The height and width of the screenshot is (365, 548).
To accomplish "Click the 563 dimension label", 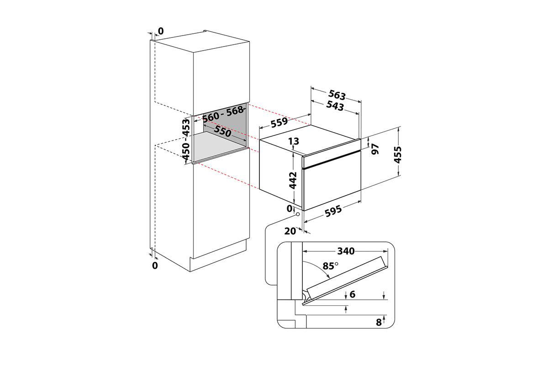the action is [337, 95].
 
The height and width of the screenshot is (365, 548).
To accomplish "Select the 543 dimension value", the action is [335, 106].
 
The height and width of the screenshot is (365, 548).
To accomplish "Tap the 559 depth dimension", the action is [279, 122].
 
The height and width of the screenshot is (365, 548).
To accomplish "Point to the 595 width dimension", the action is [333, 211].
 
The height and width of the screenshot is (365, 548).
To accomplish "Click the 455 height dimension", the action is [398, 155].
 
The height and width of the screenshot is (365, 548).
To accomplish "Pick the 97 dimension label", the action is [375, 149].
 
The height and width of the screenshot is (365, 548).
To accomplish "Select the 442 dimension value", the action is [293, 180].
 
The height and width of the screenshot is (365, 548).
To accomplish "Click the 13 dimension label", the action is [294, 141].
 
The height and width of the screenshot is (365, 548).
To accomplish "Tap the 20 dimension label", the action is [290, 231].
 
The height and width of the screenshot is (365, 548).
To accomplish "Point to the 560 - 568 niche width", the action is [223, 115].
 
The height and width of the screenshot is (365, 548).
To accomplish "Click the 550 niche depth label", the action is [222, 131].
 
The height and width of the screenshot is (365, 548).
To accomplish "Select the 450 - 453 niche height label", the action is [186, 139].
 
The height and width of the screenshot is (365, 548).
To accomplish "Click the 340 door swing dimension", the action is [346, 251].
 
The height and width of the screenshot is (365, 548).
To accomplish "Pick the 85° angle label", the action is [330, 266].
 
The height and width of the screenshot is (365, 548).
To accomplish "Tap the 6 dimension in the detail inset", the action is [352, 294].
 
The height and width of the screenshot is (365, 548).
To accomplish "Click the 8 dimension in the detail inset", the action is [379, 323].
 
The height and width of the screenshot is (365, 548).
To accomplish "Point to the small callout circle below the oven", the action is [298, 214].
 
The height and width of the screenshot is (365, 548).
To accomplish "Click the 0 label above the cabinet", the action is [161, 31].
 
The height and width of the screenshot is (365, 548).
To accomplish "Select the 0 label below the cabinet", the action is [155, 266].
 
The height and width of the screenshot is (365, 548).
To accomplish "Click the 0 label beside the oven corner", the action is [290, 209].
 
